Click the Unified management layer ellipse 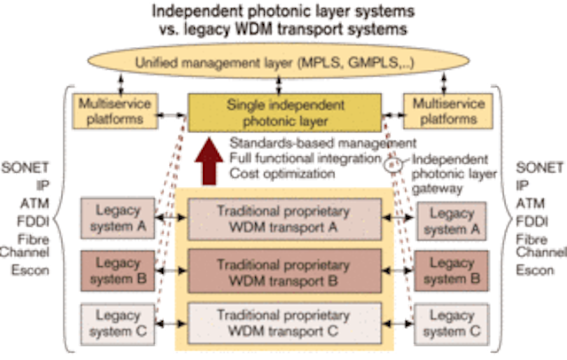[x=278, y=61]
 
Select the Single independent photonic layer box [x=284, y=113]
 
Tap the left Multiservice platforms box [x=115, y=111]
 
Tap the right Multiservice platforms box [x=448, y=111]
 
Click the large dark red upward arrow [x=209, y=161]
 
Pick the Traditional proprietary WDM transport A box [x=284, y=219]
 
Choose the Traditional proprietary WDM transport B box [x=284, y=271]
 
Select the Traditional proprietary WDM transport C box [x=284, y=323]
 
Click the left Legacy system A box [x=118, y=218]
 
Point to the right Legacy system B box [x=451, y=271]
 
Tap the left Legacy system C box [x=118, y=324]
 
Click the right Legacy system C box [x=452, y=324]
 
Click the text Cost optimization [x=282, y=174]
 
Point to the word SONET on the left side [x=25, y=168]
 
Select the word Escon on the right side [x=535, y=270]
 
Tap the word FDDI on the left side [x=33, y=221]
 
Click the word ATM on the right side [x=530, y=203]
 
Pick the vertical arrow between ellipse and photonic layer [x=278, y=85]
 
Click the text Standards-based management [x=322, y=144]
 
